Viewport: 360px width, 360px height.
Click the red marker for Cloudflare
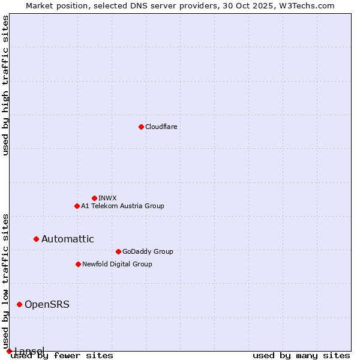click(x=141, y=127)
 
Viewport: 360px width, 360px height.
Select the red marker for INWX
click(x=94, y=198)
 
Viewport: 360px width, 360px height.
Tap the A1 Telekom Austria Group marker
click(x=77, y=206)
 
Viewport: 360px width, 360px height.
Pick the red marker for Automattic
click(x=36, y=239)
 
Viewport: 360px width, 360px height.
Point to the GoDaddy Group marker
click(x=118, y=251)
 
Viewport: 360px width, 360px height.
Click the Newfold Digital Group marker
click(x=78, y=264)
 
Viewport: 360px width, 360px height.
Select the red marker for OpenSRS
click(x=19, y=304)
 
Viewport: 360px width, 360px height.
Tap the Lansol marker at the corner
click(x=9, y=351)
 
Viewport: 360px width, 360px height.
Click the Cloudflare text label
click(x=161, y=127)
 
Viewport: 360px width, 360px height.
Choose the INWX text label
click(x=107, y=198)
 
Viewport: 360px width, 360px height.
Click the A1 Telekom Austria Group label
click(x=122, y=206)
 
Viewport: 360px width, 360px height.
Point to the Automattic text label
click(x=68, y=239)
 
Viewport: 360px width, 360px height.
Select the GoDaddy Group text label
click(x=148, y=251)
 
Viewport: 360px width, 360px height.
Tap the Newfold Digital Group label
click(x=117, y=264)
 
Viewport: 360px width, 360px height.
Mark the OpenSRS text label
click(x=47, y=304)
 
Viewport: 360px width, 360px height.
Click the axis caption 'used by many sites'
click(x=301, y=355)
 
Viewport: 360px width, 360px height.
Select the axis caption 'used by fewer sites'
click(x=62, y=355)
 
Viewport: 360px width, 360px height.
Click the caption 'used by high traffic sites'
click(x=5, y=85)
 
